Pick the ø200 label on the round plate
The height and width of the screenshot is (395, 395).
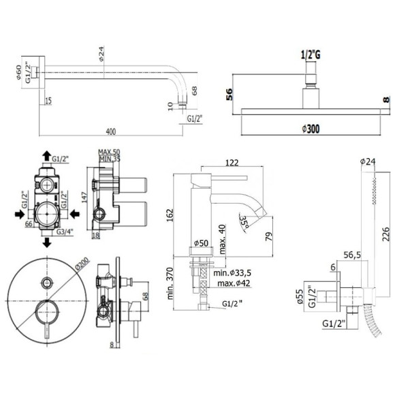pyautogui.click(x=82, y=259)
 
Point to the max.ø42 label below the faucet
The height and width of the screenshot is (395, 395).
pyautogui.click(x=233, y=283)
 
